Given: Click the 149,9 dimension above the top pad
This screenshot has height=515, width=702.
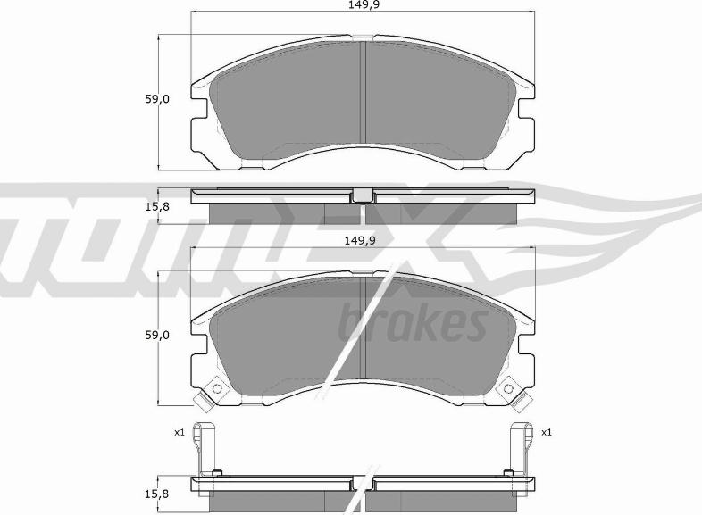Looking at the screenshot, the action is (x=361, y=5).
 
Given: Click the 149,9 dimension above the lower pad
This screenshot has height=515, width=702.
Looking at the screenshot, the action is (x=360, y=241).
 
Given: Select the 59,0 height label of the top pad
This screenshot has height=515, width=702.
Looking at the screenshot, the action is (x=156, y=99).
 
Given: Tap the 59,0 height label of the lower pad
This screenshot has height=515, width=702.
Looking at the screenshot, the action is (x=156, y=335).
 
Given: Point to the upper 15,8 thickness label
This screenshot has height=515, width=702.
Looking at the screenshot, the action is (x=156, y=207).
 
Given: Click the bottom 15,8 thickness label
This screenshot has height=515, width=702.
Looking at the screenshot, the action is (x=156, y=494).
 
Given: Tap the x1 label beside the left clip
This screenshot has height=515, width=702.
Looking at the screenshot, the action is (x=180, y=433).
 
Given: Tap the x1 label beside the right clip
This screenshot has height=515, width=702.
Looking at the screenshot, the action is (x=547, y=433).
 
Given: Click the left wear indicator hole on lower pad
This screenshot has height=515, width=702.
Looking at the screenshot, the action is (x=217, y=388).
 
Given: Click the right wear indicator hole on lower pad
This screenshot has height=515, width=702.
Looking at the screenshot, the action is (x=508, y=388).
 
